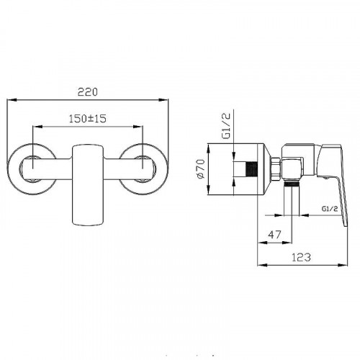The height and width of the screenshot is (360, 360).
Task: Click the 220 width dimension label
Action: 88,92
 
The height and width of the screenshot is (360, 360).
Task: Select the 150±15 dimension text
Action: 88,119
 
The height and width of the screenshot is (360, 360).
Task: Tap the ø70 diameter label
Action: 201,168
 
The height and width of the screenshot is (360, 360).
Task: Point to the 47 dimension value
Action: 274,235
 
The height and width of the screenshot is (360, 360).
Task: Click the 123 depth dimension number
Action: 301,257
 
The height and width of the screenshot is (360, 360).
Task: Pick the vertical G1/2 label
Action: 226,125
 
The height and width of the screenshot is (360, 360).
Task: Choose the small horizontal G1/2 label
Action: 330,209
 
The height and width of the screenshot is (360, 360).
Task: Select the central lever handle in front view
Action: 88,185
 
